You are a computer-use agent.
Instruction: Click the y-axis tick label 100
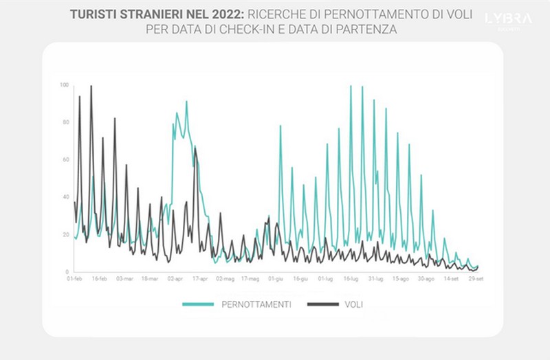click(x=65, y=85)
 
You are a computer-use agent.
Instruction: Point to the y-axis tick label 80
click(x=65, y=123)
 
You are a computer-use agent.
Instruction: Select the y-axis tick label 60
click(x=65, y=160)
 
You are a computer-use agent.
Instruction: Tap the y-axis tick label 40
click(x=65, y=198)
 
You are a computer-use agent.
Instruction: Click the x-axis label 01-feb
click(x=74, y=279)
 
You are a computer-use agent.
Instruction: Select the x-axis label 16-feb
click(x=99, y=279)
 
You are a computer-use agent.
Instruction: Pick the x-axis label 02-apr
click(x=175, y=279)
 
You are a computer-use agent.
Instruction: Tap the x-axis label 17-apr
click(x=200, y=279)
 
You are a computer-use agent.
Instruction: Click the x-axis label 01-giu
click(x=276, y=279)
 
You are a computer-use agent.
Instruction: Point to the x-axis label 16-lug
click(x=351, y=279)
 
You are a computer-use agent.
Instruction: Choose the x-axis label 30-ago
click(x=426, y=279)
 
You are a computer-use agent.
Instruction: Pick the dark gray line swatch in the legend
click(x=321, y=304)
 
